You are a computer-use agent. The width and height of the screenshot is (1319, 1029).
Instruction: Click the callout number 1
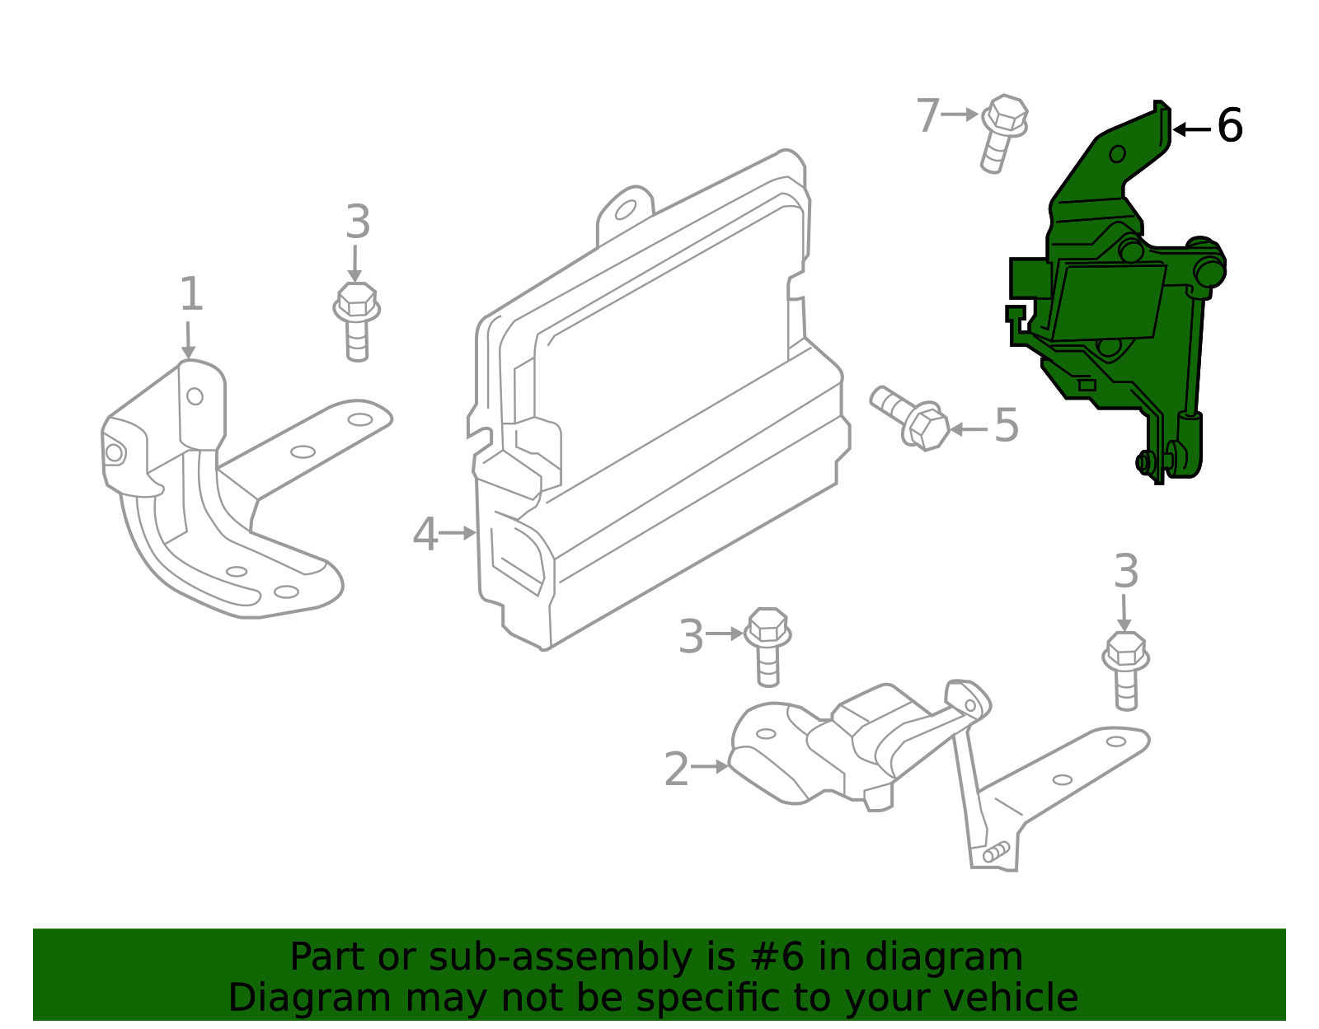[x=190, y=295]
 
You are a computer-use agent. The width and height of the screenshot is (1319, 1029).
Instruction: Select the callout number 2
[x=676, y=769]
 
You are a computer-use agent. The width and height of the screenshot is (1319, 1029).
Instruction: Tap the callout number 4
[x=425, y=535]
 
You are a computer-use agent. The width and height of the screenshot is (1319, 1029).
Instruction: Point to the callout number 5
[x=1006, y=426]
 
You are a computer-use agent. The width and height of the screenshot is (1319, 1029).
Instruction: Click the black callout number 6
[x=1229, y=127]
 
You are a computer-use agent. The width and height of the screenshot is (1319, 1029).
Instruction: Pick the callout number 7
[x=927, y=115]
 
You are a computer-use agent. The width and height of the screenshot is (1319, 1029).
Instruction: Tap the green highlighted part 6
[x=1105, y=305]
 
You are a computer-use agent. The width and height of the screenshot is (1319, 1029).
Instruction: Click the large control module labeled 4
[x=659, y=412]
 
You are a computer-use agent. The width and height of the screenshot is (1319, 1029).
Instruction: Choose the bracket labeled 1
[x=231, y=494]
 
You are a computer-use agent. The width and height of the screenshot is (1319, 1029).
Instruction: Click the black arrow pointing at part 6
[x=1191, y=129]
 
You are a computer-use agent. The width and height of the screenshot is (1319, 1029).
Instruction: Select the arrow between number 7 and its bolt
[x=960, y=115]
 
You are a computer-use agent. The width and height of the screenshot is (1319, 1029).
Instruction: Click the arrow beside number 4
[x=458, y=534]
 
